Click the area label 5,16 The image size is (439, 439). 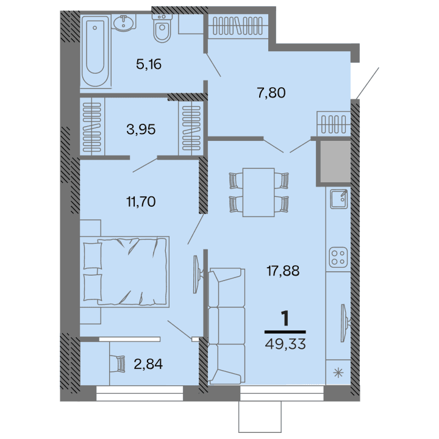tap(149, 64)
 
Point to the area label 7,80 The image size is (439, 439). tap(271, 93)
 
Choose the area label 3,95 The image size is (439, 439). tap(141, 129)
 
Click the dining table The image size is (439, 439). tap(259, 191)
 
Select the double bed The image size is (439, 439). tap(127, 269)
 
